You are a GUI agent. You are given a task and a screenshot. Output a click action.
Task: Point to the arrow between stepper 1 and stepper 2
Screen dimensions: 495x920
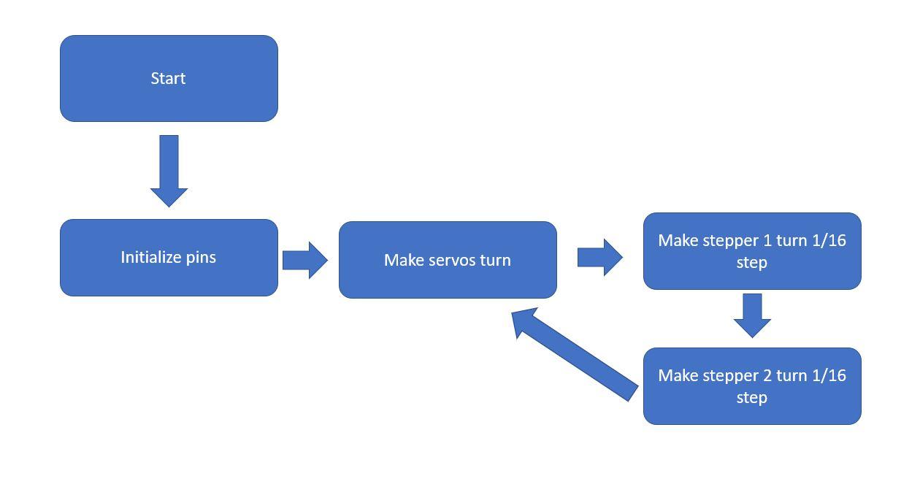(752, 315)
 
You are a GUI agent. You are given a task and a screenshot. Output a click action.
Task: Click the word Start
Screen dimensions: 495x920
(168, 78)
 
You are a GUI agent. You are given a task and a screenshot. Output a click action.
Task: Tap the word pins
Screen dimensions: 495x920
(202, 258)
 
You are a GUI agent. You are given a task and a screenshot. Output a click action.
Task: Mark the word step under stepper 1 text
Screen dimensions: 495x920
(751, 263)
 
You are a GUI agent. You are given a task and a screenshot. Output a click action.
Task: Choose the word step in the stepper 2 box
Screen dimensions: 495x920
(751, 398)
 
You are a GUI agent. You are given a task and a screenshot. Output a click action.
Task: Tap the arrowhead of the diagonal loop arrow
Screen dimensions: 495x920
(523, 321)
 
